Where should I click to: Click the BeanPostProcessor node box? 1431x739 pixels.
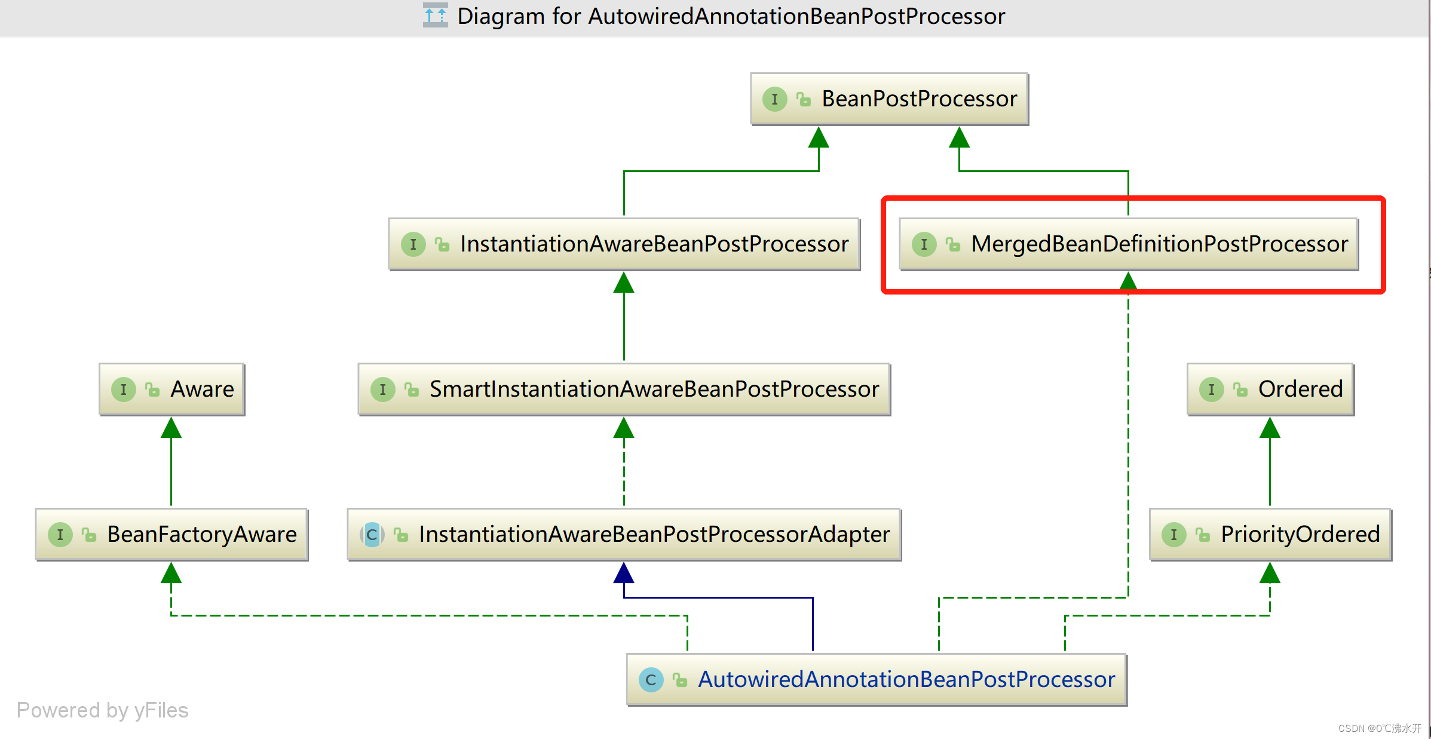pos(889,99)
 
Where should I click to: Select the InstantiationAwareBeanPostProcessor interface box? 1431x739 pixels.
pos(624,244)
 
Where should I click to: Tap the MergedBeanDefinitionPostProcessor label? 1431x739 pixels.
pos(1159,244)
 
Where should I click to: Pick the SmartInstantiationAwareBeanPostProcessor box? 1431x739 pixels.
pos(624,390)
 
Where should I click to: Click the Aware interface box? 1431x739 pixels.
pos(172,390)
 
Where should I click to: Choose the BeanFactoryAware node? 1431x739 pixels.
pos(172,535)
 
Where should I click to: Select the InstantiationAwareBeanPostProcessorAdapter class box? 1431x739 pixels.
pos(624,535)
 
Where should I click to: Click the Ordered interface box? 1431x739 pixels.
pos(1270,390)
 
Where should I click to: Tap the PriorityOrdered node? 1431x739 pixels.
pos(1270,535)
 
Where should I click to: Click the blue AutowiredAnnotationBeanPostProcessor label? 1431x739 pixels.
pos(906,680)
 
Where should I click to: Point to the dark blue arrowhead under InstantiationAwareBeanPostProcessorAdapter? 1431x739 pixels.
pos(624,574)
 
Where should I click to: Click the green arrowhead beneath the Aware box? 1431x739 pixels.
pos(171,428)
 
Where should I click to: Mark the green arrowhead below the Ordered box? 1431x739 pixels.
pos(1270,428)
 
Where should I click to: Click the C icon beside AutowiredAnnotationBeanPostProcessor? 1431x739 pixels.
pos(651,680)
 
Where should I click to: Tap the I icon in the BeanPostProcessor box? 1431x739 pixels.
pos(774,99)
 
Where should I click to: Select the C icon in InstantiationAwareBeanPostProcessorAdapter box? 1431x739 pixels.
pos(372,535)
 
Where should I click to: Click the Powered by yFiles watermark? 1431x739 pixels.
pos(102,710)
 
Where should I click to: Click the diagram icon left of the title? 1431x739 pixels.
pos(435,16)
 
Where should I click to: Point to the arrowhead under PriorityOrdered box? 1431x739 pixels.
pos(1270,574)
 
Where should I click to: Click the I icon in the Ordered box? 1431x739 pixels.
pos(1211,390)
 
